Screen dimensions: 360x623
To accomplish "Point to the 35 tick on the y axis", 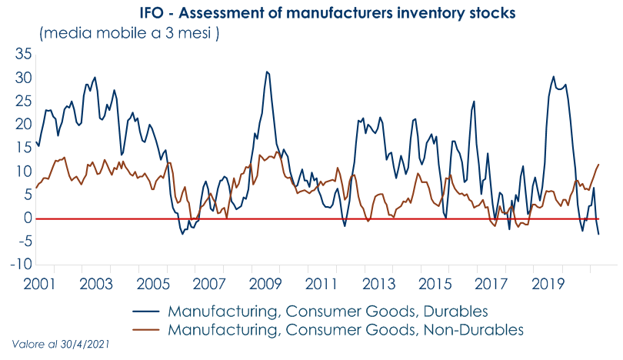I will [x=22, y=55].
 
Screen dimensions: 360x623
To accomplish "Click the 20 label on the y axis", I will [x=22, y=125].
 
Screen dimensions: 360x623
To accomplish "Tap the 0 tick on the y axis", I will [x=27, y=218].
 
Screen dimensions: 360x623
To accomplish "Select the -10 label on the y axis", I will [x=20, y=265].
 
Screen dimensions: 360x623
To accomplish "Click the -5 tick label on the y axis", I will [x=22, y=242].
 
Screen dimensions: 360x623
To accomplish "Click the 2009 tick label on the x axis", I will [x=265, y=283].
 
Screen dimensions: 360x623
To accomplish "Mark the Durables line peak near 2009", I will [x=266, y=72].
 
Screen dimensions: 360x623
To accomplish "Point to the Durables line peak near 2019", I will [x=554, y=76].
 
